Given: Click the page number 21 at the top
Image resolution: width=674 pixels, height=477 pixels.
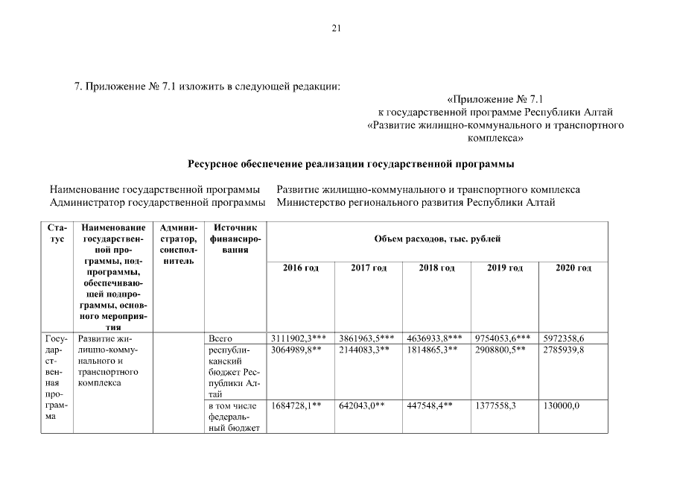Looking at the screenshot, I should tap(336, 28).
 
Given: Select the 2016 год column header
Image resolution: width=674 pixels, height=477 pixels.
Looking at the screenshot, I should tap(300, 268).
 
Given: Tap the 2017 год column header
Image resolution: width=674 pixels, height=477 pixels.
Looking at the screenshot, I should tap(369, 268).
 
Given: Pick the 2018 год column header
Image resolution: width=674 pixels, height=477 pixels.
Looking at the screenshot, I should tap(436, 268).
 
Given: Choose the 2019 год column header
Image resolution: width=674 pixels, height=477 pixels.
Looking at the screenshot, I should tap(505, 268).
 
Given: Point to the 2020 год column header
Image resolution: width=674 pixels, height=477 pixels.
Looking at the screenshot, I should tap(573, 268).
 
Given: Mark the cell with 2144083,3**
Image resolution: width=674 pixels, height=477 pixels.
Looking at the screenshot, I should tap(365, 350).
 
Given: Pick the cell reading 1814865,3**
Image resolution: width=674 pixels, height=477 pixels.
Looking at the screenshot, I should tap(433, 350).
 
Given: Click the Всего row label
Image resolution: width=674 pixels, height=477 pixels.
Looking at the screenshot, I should tap(221, 338).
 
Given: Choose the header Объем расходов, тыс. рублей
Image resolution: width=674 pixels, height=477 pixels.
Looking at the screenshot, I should tap(436, 238).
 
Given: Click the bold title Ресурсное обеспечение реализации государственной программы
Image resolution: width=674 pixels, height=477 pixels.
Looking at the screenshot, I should tap(351, 163).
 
